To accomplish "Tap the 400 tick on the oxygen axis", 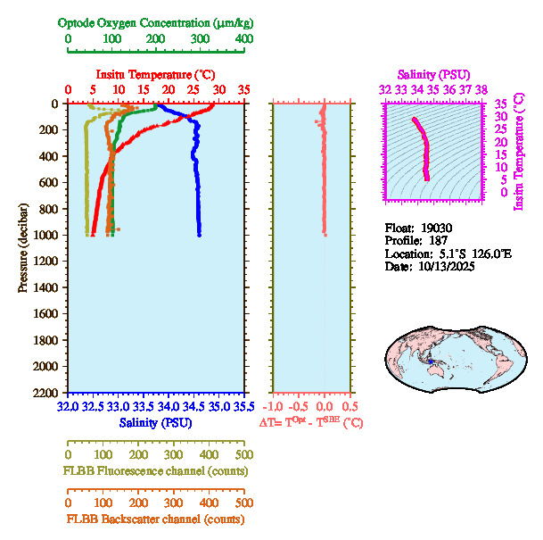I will (x=243, y=39).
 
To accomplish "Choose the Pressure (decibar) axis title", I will (x=21, y=239).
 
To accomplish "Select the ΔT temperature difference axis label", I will (x=311, y=421).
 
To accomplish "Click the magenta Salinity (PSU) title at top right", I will (x=432, y=74).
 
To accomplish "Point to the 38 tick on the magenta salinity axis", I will (x=481, y=89).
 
